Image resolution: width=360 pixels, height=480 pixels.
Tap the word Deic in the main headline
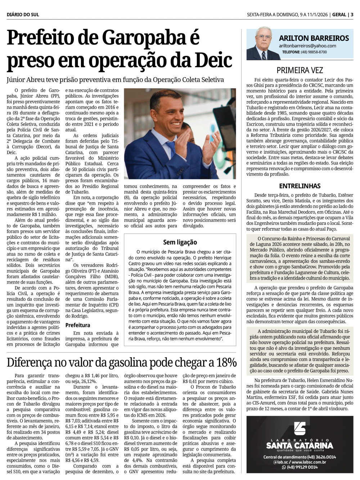click(x=213, y=60)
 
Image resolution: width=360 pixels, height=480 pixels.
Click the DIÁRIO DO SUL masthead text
click(x=23, y=15)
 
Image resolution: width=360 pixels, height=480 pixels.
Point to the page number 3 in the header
click(x=352, y=15)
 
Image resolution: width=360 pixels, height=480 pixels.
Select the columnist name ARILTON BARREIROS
click(x=314, y=38)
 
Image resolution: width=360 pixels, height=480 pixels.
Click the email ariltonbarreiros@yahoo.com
click(x=307, y=46)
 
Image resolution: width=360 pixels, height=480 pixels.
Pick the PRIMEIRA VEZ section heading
click(x=300, y=70)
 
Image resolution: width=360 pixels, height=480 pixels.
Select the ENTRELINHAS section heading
click(x=300, y=186)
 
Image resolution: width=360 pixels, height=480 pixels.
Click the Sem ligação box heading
click(x=180, y=242)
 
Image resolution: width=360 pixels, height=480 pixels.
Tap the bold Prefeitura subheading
click(x=78, y=325)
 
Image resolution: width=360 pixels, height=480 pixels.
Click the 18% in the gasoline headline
click(x=227, y=362)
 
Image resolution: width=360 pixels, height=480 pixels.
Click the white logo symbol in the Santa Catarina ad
click(x=300, y=428)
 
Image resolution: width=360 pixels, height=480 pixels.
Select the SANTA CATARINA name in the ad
click(x=300, y=446)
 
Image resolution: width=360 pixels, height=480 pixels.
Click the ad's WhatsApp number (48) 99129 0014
click(x=302, y=467)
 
